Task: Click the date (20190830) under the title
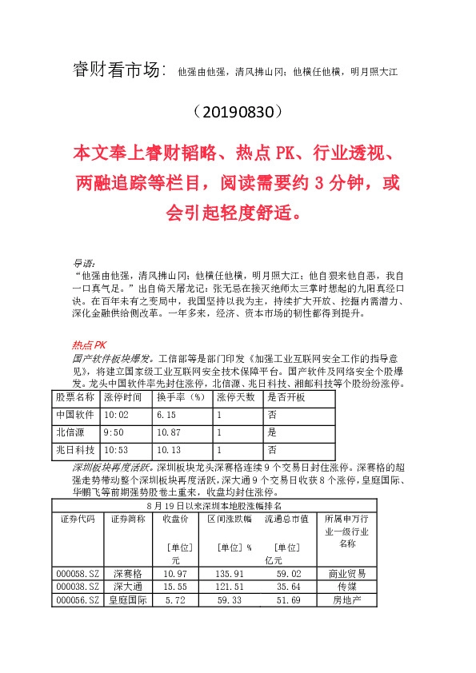238,110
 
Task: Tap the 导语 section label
83,261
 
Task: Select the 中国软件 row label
75,415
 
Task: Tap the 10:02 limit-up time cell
117,415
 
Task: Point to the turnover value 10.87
169,432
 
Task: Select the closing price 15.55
175,586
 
